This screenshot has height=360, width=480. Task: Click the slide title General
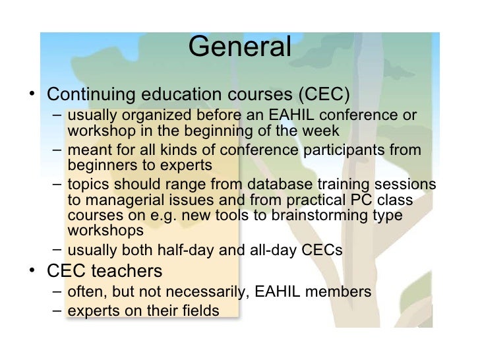point(239,47)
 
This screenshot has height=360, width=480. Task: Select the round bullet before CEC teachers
point(33,270)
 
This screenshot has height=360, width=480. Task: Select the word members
point(340,291)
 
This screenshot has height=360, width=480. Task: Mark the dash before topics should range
point(58,183)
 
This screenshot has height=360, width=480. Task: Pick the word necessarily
point(198,291)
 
